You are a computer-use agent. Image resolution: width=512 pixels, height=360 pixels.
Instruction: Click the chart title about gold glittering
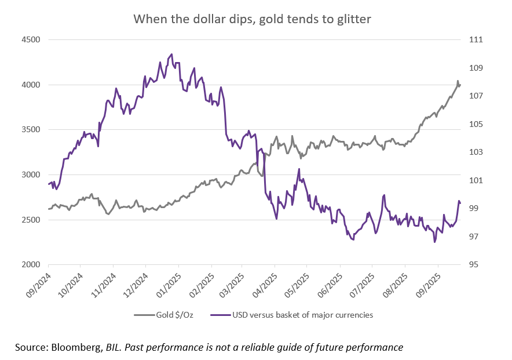point(252,19)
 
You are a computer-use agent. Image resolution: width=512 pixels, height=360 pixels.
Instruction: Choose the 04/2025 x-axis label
point(266,283)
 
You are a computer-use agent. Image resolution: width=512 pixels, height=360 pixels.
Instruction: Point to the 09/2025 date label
point(429,283)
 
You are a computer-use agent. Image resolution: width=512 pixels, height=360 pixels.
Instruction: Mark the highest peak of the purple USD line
point(171,54)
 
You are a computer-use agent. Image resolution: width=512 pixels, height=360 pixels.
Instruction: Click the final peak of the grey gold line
point(458,81)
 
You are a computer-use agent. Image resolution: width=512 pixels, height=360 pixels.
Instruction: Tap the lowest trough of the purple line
point(434,242)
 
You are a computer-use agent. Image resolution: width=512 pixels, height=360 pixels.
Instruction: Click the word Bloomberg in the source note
point(75,347)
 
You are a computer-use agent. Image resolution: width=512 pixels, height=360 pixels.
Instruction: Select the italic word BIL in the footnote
point(113,347)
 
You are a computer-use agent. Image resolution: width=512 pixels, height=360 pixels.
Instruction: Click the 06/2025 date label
point(331,283)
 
